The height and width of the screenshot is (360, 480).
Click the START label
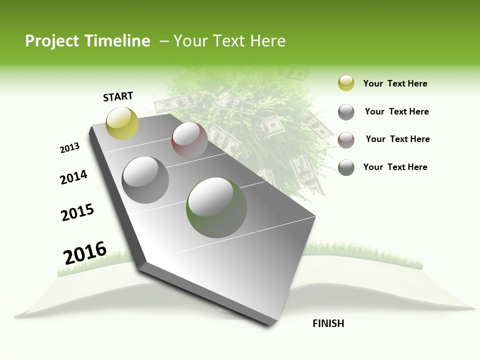(x=118, y=96)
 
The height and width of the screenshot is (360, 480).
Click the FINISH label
(x=328, y=323)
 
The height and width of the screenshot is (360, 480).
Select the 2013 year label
(x=69, y=148)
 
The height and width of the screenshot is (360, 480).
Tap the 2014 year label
(x=73, y=177)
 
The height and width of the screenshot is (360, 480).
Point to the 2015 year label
(x=77, y=212)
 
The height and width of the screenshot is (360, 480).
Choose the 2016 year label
(x=85, y=253)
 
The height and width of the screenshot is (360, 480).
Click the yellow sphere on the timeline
(x=122, y=123)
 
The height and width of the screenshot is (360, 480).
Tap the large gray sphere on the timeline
(x=145, y=179)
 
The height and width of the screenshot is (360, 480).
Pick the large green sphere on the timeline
(x=216, y=207)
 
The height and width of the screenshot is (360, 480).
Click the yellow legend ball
(x=346, y=83)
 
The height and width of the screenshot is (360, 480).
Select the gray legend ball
(x=346, y=112)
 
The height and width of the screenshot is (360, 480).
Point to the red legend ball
(x=346, y=139)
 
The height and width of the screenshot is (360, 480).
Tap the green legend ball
(x=346, y=167)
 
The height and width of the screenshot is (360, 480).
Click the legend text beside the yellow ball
(x=395, y=83)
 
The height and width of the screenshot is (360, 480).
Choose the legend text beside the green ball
(x=395, y=167)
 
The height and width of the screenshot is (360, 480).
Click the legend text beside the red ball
(x=397, y=139)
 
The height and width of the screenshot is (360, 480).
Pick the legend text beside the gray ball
(x=396, y=111)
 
